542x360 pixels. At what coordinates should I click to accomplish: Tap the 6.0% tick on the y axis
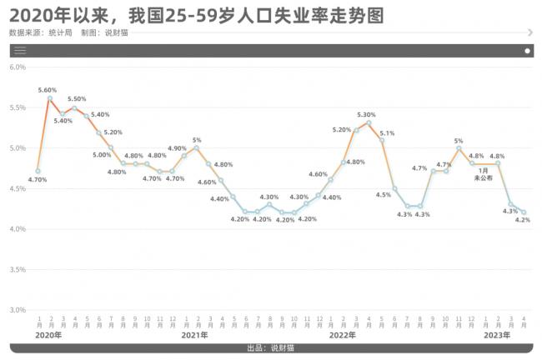tap(18, 67)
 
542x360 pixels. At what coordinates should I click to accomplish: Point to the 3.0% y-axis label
tap(18, 310)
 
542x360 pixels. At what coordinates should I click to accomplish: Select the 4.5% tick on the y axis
tap(18, 188)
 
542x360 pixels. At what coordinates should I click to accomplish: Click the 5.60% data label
tap(48, 89)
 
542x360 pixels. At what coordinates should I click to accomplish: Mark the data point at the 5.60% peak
tap(50, 98)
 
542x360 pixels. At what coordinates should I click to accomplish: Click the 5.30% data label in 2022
tap(369, 114)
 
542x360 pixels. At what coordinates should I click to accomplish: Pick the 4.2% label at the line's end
tap(524, 221)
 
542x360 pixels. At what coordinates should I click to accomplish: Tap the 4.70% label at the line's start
tap(37, 179)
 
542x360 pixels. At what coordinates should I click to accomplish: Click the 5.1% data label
tap(387, 132)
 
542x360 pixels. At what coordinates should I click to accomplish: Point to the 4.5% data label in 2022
tap(384, 194)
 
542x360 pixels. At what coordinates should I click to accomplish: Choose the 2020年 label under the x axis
tap(49, 335)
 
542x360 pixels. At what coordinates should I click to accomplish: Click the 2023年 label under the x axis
tap(498, 335)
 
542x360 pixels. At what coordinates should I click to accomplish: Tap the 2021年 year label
tap(195, 335)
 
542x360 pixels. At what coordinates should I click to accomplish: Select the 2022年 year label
tap(342, 335)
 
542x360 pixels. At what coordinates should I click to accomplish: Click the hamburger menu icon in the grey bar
tap(20, 50)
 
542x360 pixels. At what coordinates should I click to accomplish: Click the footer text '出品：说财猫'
tap(270, 347)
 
